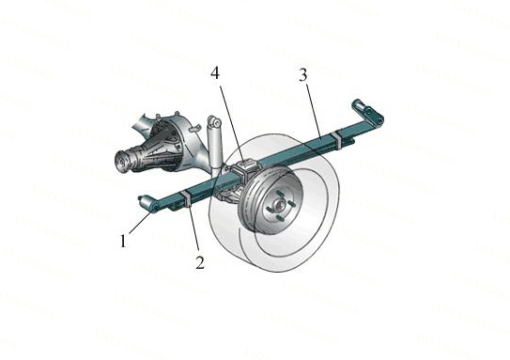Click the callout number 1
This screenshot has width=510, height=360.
(x=123, y=242)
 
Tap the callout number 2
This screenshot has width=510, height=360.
(x=200, y=262)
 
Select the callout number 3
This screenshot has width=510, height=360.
(x=302, y=75)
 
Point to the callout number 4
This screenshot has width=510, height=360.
(x=215, y=73)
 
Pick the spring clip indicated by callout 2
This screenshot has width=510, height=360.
(x=187, y=199)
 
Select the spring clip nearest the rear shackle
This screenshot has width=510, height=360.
(x=337, y=139)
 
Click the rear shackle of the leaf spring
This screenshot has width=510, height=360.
(x=369, y=111)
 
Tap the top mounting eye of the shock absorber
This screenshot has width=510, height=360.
(x=214, y=121)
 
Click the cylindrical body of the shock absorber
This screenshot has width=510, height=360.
(x=215, y=147)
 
